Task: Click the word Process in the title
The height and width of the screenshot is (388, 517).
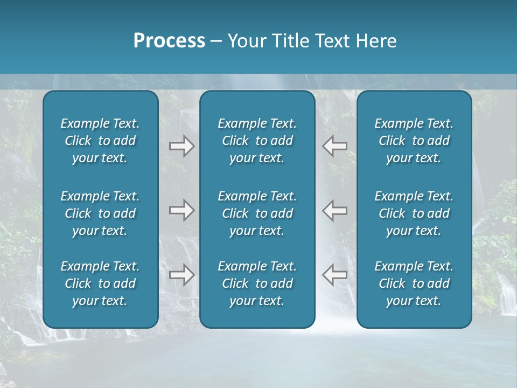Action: [x=169, y=41]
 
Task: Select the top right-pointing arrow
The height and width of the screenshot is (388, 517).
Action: [x=182, y=146]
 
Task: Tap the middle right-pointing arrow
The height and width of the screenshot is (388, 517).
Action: [x=182, y=210]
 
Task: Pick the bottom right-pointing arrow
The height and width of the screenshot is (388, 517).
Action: [x=182, y=275]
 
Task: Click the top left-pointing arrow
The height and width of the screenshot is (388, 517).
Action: [x=334, y=146]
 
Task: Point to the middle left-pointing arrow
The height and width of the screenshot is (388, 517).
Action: [x=334, y=210]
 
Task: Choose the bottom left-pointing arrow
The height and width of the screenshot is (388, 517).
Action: [x=334, y=275]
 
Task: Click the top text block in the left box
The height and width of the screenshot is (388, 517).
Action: [x=100, y=141]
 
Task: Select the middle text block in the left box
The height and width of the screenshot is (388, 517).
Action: [x=100, y=213]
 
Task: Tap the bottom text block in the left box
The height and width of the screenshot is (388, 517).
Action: [x=100, y=283]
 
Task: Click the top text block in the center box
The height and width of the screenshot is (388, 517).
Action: [x=257, y=141]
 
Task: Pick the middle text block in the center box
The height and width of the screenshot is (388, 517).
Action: [x=257, y=213]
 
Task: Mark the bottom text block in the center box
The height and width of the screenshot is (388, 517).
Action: [x=257, y=283]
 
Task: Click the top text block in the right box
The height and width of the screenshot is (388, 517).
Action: [x=414, y=141]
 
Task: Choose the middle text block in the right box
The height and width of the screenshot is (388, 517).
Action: [x=414, y=213]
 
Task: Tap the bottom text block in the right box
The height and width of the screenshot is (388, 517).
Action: [x=414, y=283]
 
